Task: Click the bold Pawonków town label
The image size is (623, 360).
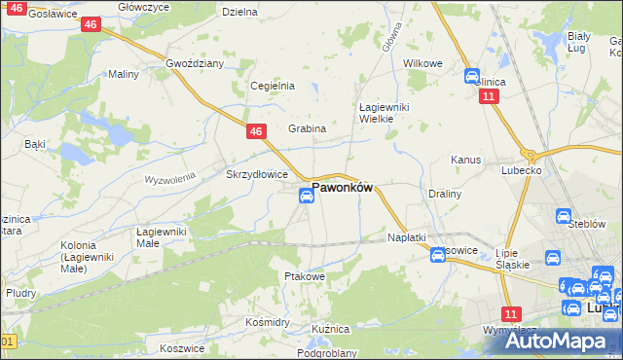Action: [x=342, y=188]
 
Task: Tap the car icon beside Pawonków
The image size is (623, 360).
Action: [x=306, y=197]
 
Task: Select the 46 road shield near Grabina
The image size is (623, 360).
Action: [x=256, y=131]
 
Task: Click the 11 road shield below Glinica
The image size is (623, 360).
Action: [x=489, y=97]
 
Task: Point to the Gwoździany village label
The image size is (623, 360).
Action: [x=195, y=63]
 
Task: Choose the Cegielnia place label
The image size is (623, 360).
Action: [x=273, y=86]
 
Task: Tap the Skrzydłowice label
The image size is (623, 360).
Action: [x=256, y=175]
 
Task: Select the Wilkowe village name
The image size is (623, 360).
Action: [x=422, y=63]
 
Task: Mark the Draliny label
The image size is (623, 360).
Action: [x=445, y=194]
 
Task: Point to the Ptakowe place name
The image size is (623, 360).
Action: [x=304, y=276]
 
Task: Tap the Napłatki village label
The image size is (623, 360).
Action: [x=407, y=237]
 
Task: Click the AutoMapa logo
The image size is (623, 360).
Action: [x=552, y=341]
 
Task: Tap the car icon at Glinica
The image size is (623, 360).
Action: [x=472, y=76]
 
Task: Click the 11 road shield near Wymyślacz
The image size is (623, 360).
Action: [x=511, y=313]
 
